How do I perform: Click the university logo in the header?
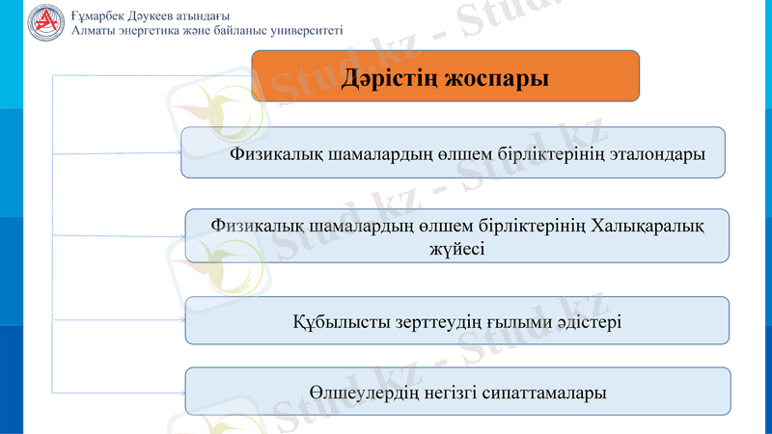(43, 21)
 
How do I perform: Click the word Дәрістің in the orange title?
(391, 77)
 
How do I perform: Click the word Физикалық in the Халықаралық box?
(255, 227)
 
